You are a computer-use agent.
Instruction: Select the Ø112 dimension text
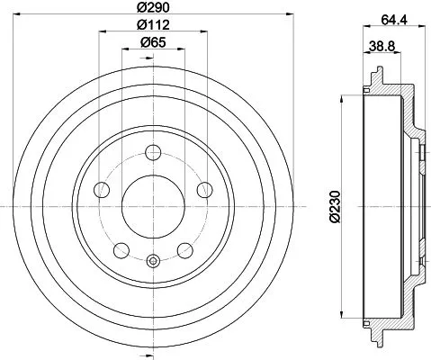(153, 24)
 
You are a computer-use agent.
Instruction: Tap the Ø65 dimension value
(153, 42)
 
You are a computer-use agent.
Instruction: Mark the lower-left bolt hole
(121, 249)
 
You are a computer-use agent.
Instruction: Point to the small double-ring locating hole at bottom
(152, 262)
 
